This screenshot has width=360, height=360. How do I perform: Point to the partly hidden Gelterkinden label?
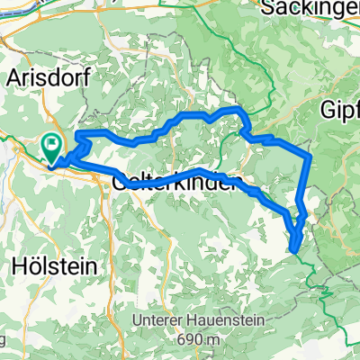(175, 182)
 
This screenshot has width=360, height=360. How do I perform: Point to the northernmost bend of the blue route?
(238, 108)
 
